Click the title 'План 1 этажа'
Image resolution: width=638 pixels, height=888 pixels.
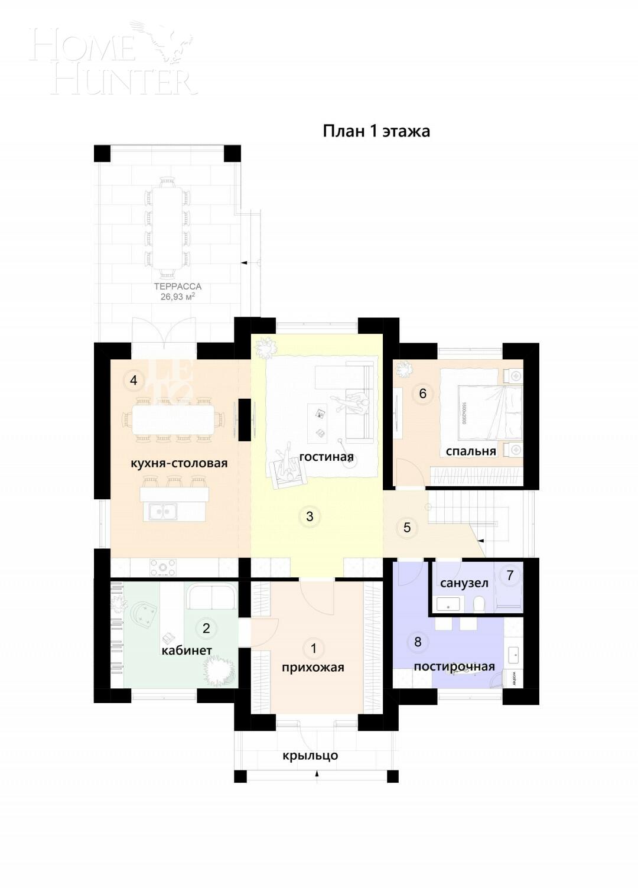coord(376,131)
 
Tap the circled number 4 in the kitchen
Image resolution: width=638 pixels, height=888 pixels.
coord(134,380)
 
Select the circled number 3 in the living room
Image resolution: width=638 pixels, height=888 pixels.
coord(310,516)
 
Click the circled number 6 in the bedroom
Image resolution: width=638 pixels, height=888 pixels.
coord(422,393)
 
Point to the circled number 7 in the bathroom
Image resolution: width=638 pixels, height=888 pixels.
coord(510,575)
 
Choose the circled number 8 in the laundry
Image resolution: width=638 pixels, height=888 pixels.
coord(418,642)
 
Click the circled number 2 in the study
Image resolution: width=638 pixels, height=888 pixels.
coord(206,628)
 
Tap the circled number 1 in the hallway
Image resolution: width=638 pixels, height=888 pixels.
coord(314,648)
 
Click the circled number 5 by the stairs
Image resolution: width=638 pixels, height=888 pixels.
coord(407,527)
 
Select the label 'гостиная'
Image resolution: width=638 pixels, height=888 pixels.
coord(326,457)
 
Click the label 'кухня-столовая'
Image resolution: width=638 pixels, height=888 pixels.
coord(179,463)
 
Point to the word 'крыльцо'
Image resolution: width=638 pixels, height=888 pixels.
coord(310,756)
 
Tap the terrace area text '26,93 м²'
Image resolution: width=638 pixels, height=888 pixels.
coord(178,297)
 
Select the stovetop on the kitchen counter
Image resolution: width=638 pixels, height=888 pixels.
coord(162,568)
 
